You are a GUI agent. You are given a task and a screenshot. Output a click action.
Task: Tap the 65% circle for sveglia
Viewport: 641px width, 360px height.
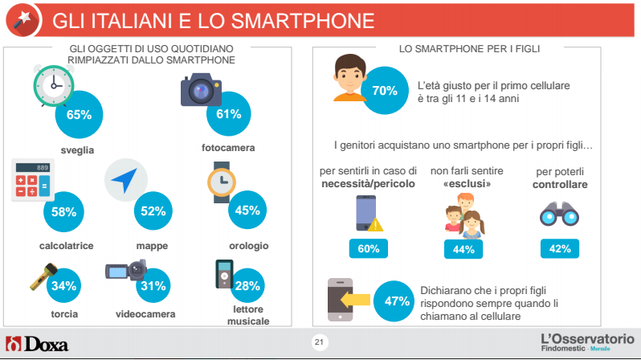(x=79, y=114)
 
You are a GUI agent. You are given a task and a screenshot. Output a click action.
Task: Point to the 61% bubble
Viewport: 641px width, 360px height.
(x=229, y=114)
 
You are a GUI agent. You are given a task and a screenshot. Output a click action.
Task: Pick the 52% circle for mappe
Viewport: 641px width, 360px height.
(x=153, y=211)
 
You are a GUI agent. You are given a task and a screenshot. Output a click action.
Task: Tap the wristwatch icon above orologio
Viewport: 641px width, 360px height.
(x=221, y=182)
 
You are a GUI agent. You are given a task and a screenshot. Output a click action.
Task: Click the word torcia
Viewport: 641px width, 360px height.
(x=64, y=314)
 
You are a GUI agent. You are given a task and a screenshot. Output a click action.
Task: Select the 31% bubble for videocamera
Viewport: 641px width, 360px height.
(x=153, y=285)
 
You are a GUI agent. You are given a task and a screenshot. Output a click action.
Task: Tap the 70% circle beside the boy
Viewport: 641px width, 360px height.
(x=385, y=90)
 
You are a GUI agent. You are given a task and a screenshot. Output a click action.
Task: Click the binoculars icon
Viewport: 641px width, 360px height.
(x=557, y=212)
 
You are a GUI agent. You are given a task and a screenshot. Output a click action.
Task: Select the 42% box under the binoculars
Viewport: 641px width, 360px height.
(x=560, y=249)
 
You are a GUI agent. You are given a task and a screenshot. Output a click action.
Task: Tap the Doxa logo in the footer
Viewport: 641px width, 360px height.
(x=37, y=344)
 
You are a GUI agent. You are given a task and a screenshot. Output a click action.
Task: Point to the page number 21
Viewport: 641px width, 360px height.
(x=319, y=343)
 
